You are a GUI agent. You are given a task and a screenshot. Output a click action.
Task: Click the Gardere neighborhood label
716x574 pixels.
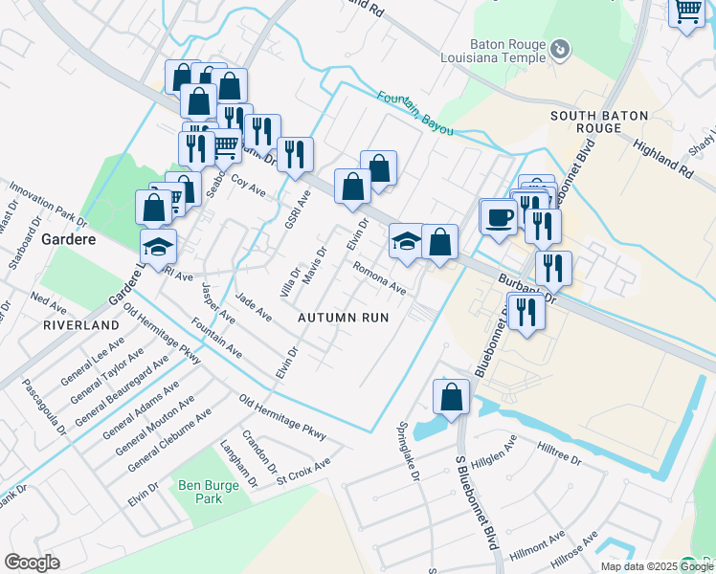pos(67,238)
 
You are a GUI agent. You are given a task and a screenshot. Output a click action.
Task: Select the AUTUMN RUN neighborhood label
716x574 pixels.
pos(343,317)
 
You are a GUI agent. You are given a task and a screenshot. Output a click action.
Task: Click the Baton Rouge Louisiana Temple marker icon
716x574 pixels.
pos(562,49)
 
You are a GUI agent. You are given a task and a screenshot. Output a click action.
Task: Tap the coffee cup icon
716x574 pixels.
pos(498,216)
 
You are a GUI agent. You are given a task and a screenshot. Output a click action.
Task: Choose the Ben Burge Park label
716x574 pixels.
pos(208,491)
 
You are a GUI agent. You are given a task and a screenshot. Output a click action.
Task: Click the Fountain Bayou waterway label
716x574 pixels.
pos(413,109)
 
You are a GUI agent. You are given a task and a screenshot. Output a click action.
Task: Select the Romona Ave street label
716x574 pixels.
pos(380,277)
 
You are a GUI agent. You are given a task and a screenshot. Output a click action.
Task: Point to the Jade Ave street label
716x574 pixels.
pos(253,308)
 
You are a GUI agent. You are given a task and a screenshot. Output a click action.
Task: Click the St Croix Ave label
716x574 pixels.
pos(303,463)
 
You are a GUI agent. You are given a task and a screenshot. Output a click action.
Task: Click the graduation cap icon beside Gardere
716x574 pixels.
pos(159,246)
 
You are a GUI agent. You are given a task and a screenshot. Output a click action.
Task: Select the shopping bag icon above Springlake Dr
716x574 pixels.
pos(450,396)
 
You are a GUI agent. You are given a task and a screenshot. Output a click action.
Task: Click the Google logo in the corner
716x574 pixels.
pos(32,563)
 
